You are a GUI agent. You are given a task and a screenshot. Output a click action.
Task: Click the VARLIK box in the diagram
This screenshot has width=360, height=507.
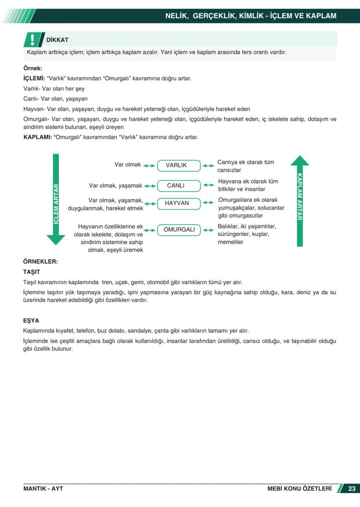point(176,166)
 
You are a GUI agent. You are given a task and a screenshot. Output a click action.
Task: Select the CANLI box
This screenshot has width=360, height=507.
point(176,186)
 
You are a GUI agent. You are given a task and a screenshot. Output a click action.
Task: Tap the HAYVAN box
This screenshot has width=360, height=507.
point(177,203)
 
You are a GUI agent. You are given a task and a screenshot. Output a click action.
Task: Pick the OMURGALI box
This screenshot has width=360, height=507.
point(179,230)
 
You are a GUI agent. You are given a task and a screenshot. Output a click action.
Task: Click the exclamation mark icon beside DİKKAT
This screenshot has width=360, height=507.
point(33,40)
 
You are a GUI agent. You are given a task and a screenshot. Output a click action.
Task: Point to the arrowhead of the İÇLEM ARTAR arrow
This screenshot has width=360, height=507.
point(56,239)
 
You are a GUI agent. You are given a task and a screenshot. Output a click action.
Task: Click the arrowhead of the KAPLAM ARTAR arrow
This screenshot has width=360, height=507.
point(300,161)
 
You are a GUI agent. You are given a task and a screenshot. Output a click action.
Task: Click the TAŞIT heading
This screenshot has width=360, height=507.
point(31,272)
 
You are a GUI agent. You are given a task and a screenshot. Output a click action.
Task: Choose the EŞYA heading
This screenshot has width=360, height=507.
point(31,321)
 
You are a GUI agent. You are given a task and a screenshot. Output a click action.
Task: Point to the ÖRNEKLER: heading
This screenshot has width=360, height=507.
point(40,262)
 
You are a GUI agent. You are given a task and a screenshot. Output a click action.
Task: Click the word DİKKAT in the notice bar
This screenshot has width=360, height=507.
point(57,40)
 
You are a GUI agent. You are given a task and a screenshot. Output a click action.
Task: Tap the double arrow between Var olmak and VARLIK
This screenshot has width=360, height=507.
point(149,166)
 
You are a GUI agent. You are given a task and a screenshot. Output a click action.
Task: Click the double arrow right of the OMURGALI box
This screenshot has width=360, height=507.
point(208,230)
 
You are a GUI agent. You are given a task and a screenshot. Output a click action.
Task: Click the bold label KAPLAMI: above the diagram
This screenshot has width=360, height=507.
point(37,137)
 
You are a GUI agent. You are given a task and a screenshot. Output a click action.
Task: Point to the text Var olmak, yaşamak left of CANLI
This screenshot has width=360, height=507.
point(116,186)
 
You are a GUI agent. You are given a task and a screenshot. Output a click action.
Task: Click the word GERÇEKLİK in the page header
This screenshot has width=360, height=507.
point(213,16)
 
